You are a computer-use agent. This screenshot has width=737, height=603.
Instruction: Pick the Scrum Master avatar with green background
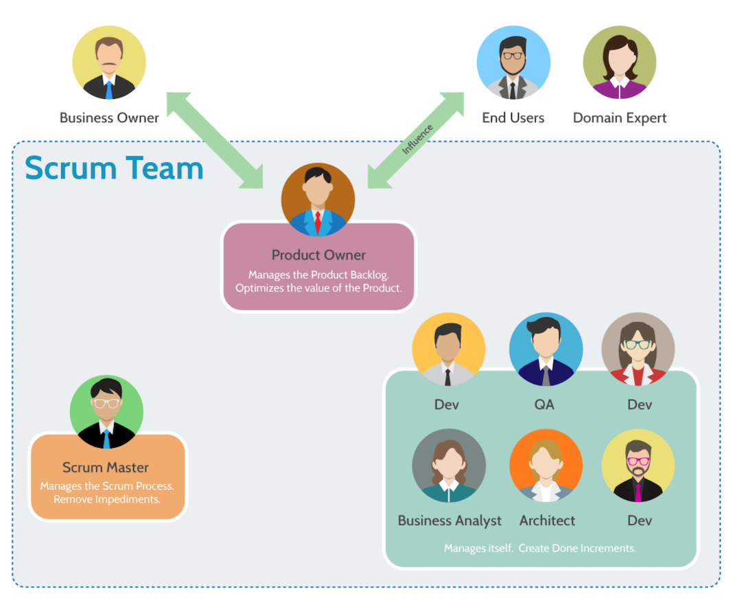pyautogui.click(x=106, y=413)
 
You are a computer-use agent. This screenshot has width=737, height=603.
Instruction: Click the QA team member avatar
pyautogui.click(x=546, y=350)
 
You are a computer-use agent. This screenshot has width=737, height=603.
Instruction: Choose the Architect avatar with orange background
pyautogui.click(x=546, y=466)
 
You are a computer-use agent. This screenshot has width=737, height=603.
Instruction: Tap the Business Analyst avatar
pyautogui.click(x=449, y=466)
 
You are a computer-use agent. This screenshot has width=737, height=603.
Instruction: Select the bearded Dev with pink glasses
pyautogui.click(x=638, y=466)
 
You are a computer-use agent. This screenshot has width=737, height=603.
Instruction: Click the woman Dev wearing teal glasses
pyautogui.click(x=638, y=350)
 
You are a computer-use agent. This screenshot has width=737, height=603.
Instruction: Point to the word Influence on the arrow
pyautogui.click(x=418, y=139)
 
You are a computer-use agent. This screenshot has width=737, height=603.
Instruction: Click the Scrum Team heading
pyautogui.click(x=114, y=168)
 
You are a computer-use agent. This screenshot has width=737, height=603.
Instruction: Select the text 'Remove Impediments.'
pyautogui.click(x=107, y=499)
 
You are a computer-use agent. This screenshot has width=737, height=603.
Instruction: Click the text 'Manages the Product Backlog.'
pyautogui.click(x=318, y=275)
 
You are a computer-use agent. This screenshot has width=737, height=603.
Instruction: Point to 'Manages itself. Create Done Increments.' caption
pyautogui.click(x=540, y=548)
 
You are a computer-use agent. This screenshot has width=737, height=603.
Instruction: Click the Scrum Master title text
pyautogui.click(x=106, y=468)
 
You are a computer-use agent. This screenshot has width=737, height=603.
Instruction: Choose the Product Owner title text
pyautogui.click(x=318, y=255)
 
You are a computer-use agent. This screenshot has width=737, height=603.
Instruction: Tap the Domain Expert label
pyautogui.click(x=620, y=118)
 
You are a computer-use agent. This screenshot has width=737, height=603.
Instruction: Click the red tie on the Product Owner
pyautogui.click(x=318, y=222)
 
